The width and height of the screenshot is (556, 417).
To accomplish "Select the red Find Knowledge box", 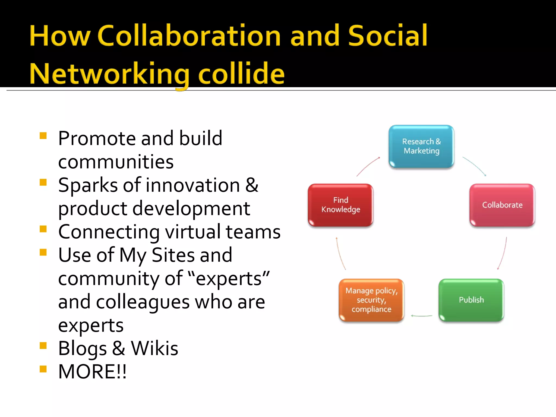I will [x=340, y=205].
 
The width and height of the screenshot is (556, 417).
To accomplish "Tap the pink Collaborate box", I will [x=502, y=205].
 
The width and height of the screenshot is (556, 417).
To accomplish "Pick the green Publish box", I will [x=471, y=300].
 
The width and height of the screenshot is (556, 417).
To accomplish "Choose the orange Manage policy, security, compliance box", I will [x=371, y=300].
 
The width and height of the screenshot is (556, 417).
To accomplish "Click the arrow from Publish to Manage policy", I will [x=421, y=316].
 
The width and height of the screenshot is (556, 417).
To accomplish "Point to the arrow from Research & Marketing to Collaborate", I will [x=475, y=166].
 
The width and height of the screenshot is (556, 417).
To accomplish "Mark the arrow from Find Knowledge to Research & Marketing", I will [x=368, y=166].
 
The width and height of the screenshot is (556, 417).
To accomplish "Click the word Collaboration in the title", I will [x=189, y=36].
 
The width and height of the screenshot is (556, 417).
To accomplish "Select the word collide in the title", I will [x=241, y=73].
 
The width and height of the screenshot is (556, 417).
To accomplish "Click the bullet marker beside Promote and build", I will [x=43, y=135].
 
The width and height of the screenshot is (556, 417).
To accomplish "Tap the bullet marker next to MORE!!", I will [x=43, y=369].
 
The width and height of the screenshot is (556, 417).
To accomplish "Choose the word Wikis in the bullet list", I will [x=154, y=348].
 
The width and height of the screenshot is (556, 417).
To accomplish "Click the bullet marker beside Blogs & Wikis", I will [x=43, y=345].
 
